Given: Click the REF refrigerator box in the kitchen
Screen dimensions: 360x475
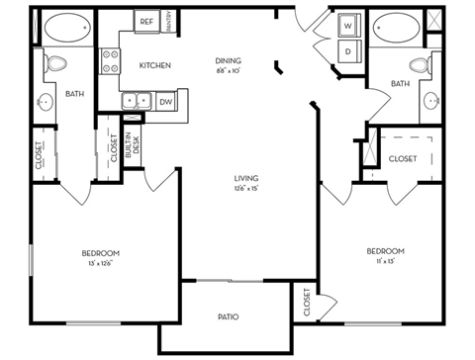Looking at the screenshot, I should pos(145,21).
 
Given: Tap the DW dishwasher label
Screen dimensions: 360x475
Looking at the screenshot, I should pos(165,100).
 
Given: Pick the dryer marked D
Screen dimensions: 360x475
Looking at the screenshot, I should pos(348,50).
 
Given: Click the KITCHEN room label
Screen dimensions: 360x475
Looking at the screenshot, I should pos(155,66).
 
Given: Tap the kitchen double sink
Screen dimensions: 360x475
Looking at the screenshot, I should pos(137,100).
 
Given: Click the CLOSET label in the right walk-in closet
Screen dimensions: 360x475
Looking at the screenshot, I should pos(401,158).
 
